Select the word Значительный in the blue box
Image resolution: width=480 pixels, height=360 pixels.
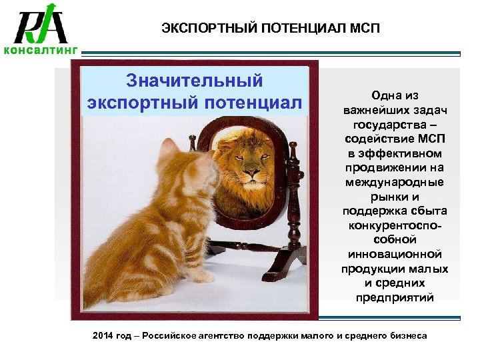click(x=195, y=81)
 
